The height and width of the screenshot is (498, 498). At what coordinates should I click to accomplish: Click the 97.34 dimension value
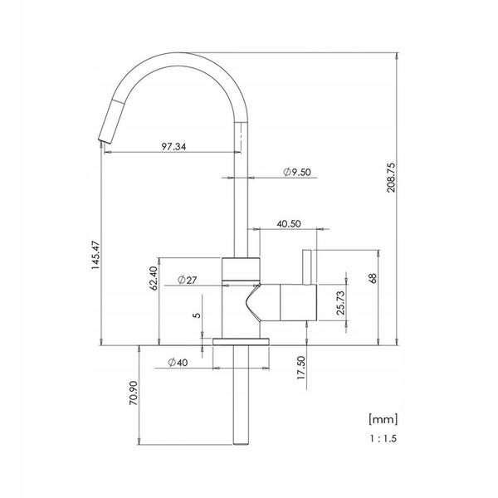point(173,146)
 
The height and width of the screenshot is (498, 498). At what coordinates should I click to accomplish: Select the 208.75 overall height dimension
point(391,178)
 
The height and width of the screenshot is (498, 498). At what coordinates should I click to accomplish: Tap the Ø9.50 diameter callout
point(297,172)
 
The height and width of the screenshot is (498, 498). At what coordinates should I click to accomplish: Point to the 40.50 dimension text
point(289,223)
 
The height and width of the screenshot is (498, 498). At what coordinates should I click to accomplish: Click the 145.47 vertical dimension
point(95,256)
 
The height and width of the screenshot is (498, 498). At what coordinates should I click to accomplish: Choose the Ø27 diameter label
point(188,280)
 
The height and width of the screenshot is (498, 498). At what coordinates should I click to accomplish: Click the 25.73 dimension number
point(340,303)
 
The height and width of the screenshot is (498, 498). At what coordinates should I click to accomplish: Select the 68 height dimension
point(373,278)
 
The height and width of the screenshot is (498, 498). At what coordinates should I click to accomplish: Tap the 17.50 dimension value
point(300,368)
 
